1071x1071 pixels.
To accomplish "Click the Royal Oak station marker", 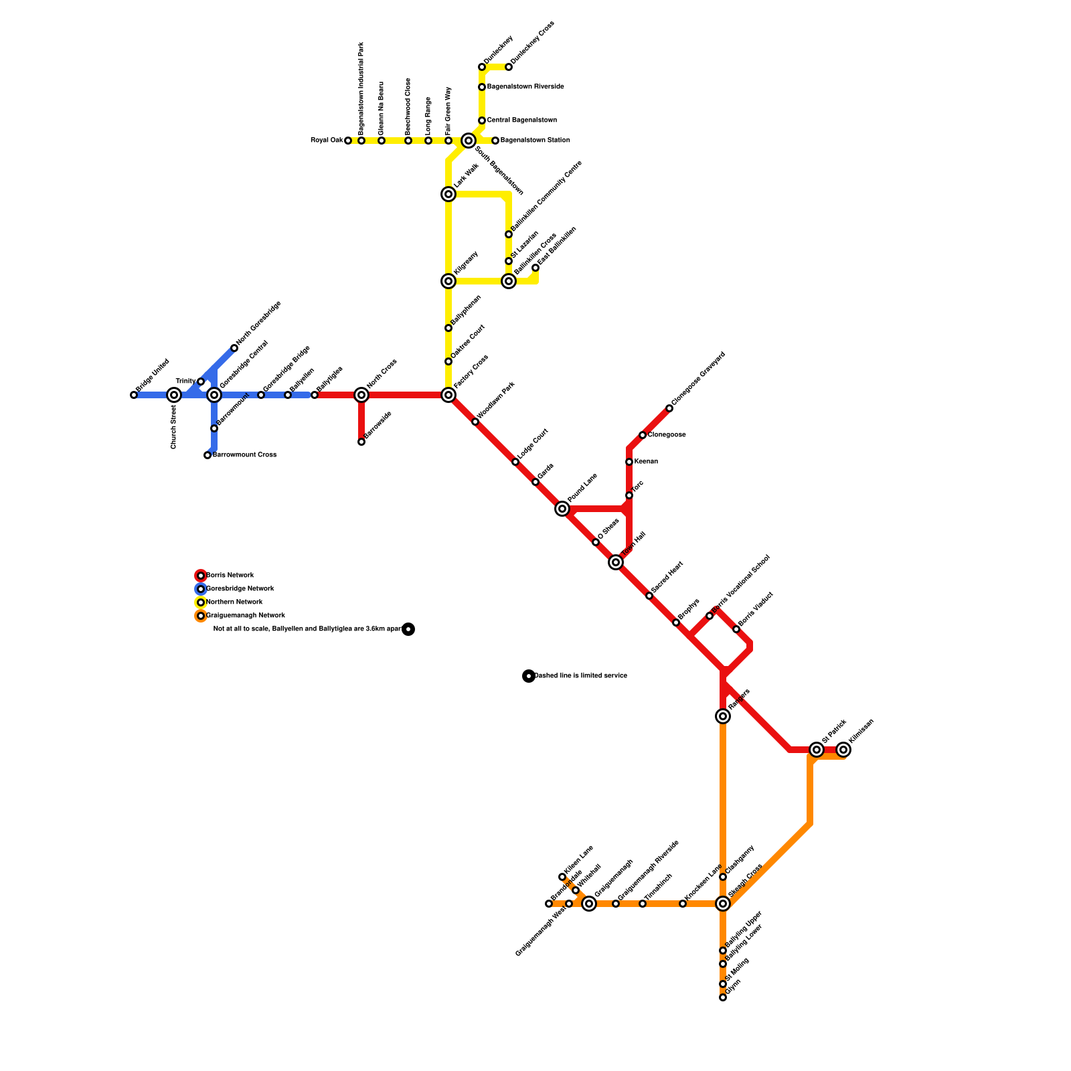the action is (348, 141).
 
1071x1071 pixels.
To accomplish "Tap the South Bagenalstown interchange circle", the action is (469, 141).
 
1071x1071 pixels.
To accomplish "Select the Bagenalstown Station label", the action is (535, 141).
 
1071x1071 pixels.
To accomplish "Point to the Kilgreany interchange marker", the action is (448, 281).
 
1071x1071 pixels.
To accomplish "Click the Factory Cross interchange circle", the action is (448, 395).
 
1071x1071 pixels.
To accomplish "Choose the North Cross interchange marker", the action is (361, 395).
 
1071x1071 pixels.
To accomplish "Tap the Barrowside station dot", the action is (361, 442).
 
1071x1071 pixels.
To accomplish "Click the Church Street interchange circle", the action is (174, 395).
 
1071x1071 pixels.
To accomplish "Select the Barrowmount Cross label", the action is (244, 455).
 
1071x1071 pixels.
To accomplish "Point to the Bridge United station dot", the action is (134, 395).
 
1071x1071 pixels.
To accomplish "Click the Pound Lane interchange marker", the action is (562, 509).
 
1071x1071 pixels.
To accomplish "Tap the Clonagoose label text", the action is (666, 435).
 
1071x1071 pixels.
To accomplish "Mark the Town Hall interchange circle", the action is (616, 562).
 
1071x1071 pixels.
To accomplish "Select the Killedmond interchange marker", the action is (843, 750).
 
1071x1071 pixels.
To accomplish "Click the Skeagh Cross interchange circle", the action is (723, 904).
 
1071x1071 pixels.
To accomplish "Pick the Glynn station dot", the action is (723, 997).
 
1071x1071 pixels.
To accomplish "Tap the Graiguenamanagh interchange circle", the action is (589, 904).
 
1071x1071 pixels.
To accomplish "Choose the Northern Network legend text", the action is (234, 602).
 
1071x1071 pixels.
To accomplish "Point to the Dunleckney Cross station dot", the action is (509, 67).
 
